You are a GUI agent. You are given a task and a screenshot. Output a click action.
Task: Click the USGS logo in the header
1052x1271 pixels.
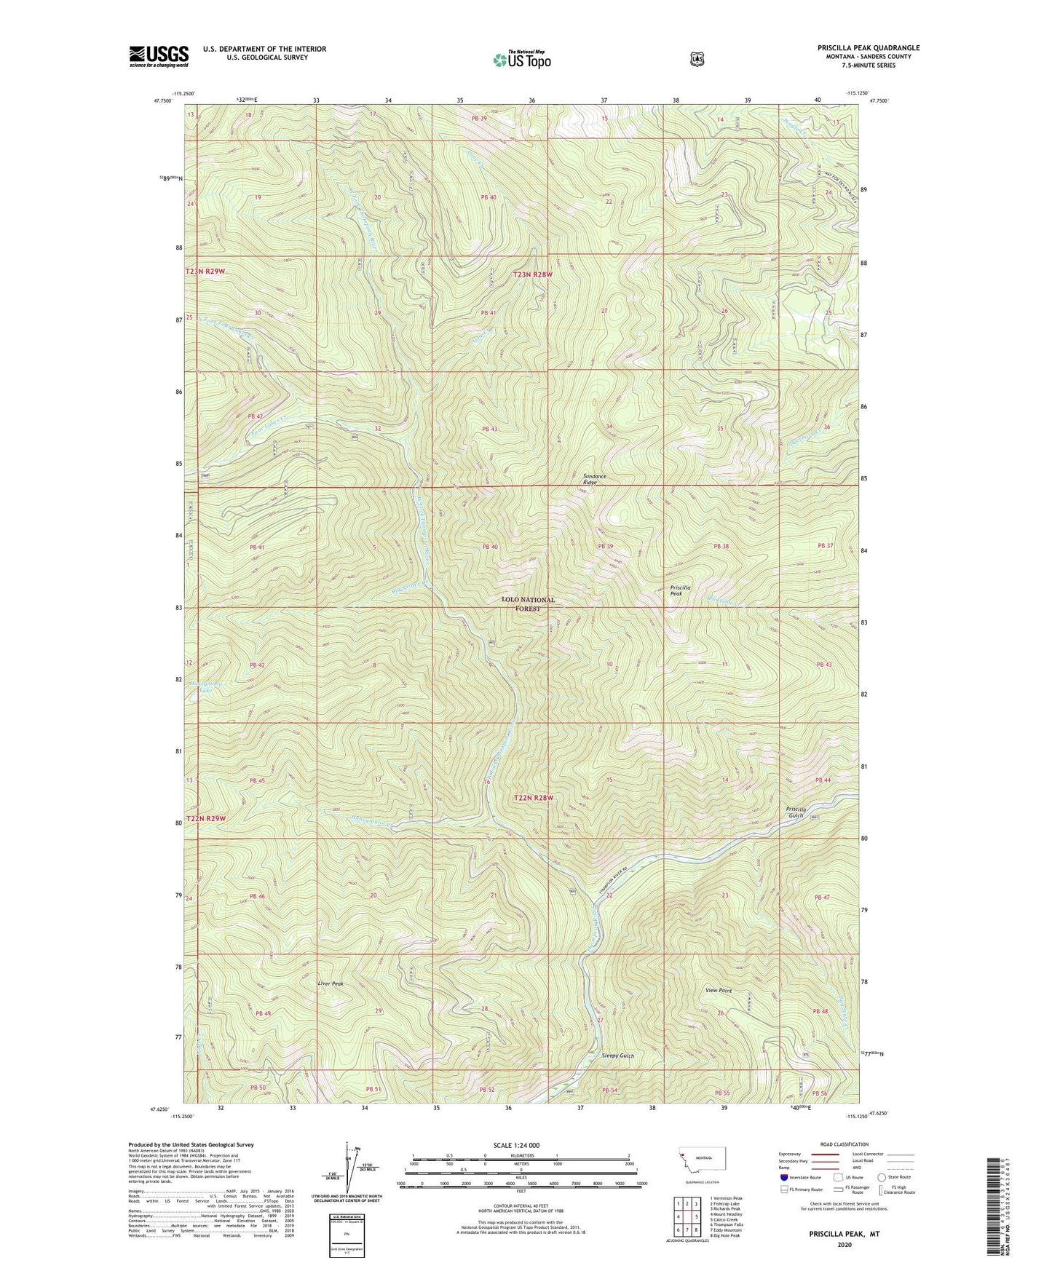tap(159, 56)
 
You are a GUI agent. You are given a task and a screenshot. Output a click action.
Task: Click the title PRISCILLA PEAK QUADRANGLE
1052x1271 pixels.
tap(868, 48)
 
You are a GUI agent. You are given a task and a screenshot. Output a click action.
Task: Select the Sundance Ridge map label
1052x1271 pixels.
tap(594, 479)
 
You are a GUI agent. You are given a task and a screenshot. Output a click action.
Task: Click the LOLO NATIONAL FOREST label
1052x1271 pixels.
tap(528, 603)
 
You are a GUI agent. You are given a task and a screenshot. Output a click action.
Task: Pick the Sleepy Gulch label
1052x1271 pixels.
tap(618, 1056)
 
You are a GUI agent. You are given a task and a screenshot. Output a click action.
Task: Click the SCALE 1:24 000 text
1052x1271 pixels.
tap(516, 1146)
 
